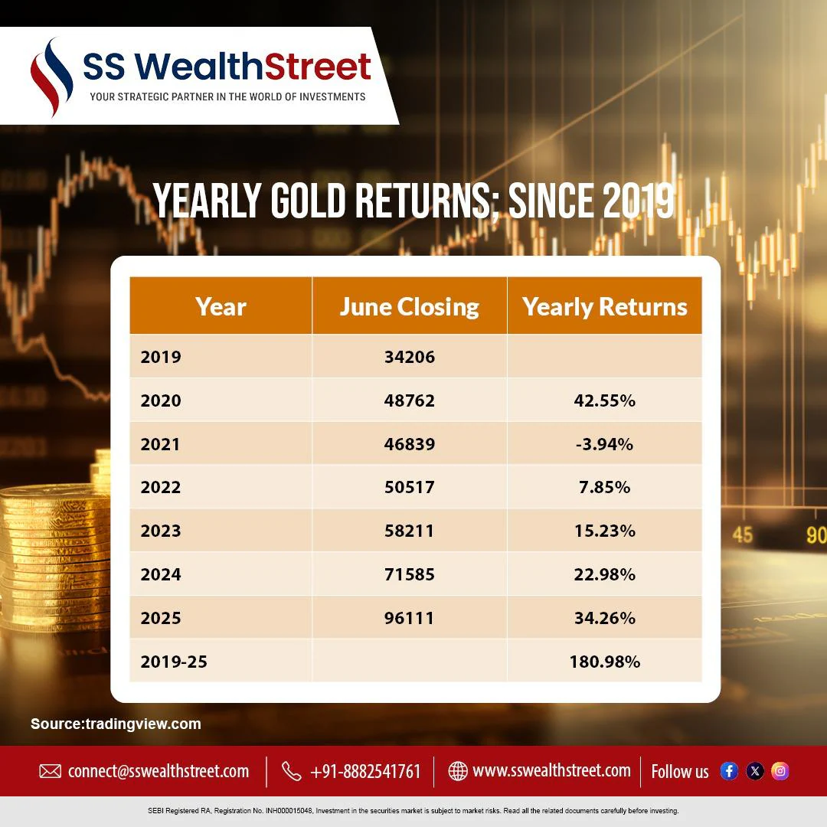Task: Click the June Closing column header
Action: click(409, 306)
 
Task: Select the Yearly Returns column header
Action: click(604, 306)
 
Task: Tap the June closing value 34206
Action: click(409, 357)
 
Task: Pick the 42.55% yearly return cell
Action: click(604, 400)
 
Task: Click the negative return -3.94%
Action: click(604, 444)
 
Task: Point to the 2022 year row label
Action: click(160, 487)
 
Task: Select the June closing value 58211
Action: click(409, 531)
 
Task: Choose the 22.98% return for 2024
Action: click(604, 574)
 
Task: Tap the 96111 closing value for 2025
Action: click(409, 618)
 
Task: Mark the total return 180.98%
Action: click(604, 662)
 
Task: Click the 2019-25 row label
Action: click(174, 662)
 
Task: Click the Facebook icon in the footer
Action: click(729, 771)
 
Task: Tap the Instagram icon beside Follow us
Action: click(780, 771)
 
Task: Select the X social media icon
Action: click(755, 771)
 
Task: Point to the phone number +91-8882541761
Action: click(365, 772)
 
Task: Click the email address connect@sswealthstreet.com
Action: click(159, 771)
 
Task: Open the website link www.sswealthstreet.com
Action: click(551, 770)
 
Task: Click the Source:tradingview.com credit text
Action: click(116, 724)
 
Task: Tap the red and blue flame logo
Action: click(51, 77)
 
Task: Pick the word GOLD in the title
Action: click(308, 200)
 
